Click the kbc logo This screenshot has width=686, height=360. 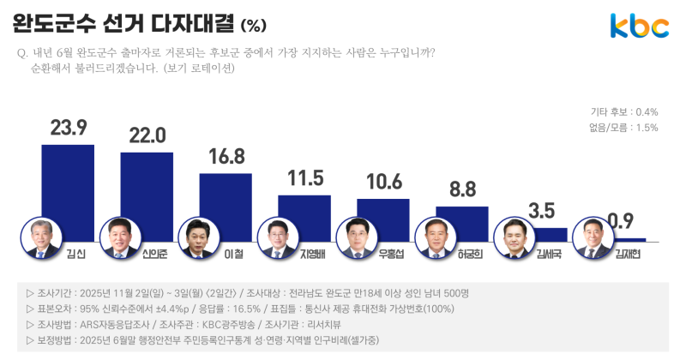click(639, 26)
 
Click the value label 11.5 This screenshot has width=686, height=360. click(304, 178)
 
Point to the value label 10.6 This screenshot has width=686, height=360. click(383, 182)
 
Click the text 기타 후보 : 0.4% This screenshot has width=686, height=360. click(623, 112)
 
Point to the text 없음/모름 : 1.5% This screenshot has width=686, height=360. click(623, 128)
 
